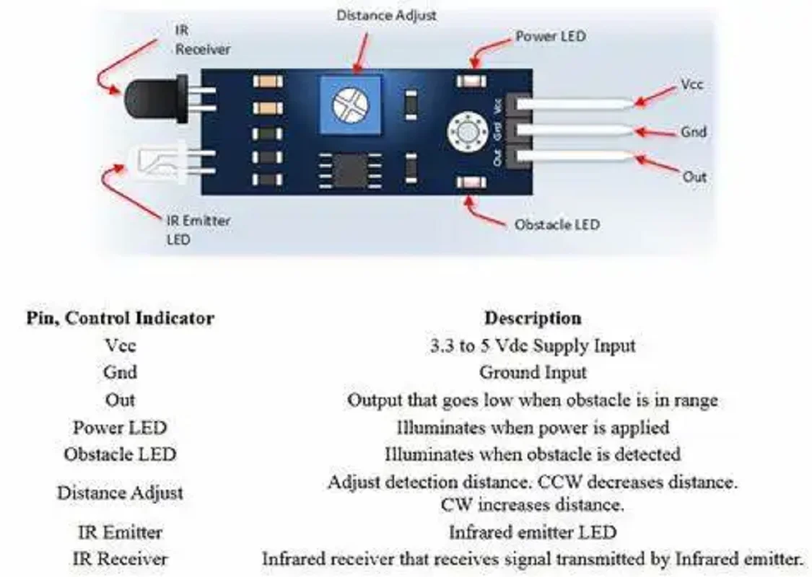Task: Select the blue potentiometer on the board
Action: point(351,105)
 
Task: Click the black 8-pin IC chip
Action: point(350,170)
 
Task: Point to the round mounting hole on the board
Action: point(468,131)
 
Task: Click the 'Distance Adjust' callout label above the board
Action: point(386,16)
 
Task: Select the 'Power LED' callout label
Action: point(551,36)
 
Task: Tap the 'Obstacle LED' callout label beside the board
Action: point(557,224)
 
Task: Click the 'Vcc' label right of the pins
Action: point(692,84)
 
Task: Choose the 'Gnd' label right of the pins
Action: point(694,131)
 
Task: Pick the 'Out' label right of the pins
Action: point(694,177)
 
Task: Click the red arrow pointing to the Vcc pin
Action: point(655,96)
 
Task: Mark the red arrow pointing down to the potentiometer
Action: point(360,54)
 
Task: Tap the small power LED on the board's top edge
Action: point(471,81)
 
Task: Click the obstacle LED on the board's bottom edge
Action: point(471,182)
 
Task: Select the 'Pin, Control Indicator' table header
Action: point(120,318)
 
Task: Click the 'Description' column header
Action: point(533,318)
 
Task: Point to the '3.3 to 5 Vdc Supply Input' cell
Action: point(533,345)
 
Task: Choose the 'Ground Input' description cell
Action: point(533,372)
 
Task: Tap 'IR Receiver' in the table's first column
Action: point(120,559)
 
